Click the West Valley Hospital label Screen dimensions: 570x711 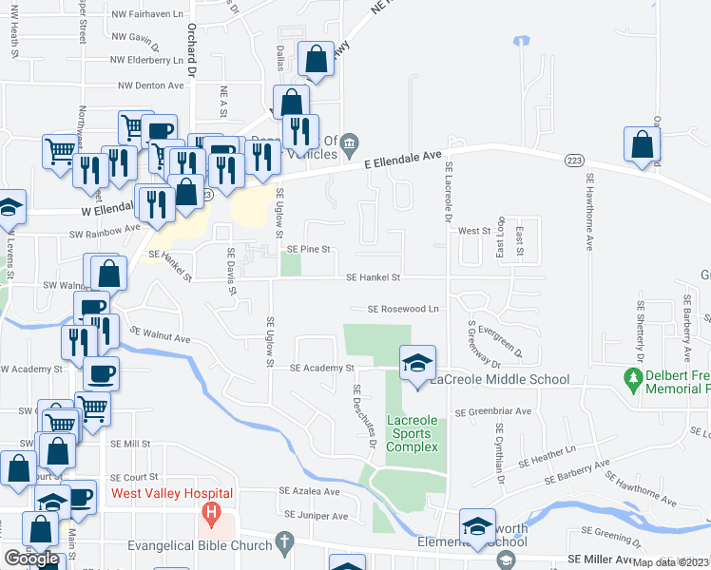coord(172,493)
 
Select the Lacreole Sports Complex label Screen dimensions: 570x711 coord(413,433)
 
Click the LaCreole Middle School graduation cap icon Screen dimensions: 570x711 coord(417,363)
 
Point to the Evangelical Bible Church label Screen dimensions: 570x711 coord(200,546)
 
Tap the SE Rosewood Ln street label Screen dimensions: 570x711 coord(404,309)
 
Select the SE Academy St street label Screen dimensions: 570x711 coord(321,368)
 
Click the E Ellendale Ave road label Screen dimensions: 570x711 coord(403,160)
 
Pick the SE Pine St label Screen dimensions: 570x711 coord(308,250)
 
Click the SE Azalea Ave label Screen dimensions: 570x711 coord(308,492)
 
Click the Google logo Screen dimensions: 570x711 coord(32,559)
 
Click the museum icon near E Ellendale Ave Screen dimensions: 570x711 coord(350,144)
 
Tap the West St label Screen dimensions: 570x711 coord(472,231)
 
